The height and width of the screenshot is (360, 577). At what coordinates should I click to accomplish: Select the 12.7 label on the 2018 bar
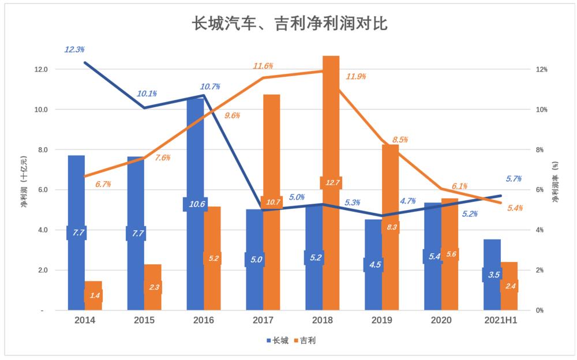pos(331,183)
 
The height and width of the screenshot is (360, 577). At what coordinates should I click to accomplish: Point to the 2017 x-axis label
pos(263,320)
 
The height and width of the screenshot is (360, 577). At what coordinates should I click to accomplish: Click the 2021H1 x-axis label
pos(500,320)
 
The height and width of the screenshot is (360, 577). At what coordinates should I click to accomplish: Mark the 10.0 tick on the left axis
pos(42,110)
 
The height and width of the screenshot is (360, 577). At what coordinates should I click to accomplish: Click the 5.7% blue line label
pos(512,179)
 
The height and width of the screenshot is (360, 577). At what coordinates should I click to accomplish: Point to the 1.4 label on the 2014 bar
pos(93,296)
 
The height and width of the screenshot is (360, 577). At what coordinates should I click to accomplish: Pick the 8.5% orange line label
pos(400,140)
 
